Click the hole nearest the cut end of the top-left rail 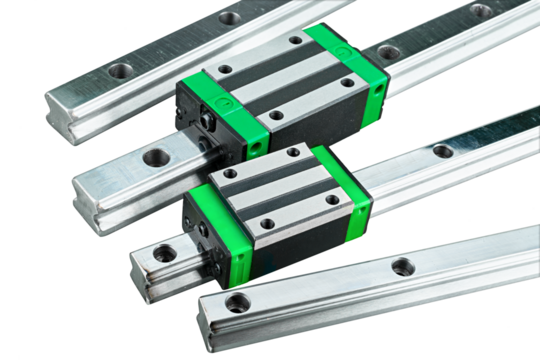[x=122, y=71]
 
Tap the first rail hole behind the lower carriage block [x=441, y=152]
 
